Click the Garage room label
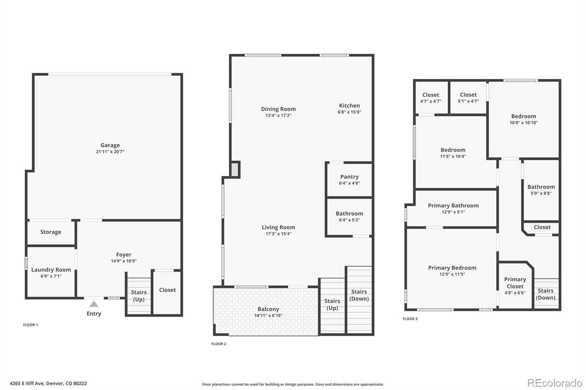(x=110, y=145)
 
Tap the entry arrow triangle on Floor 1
(x=94, y=304)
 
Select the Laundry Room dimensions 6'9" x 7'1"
(x=51, y=276)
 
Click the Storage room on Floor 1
(x=51, y=232)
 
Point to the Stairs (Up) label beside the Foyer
(x=139, y=296)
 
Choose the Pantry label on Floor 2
(x=349, y=177)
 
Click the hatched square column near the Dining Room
(x=234, y=170)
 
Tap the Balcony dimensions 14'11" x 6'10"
(x=268, y=315)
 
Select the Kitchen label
(x=349, y=106)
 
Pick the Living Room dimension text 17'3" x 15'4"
(x=278, y=234)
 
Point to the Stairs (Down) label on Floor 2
(x=359, y=295)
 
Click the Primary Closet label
(x=515, y=283)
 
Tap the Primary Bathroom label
(x=453, y=206)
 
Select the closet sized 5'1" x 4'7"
(x=468, y=98)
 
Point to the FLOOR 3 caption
(x=410, y=319)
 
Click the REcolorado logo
(x=555, y=383)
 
